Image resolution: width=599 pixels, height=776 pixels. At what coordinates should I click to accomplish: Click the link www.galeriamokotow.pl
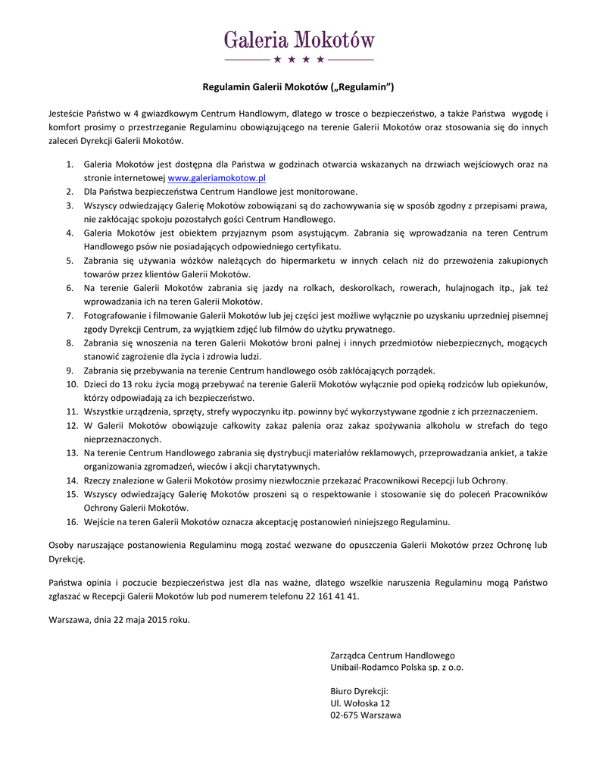pos(216,177)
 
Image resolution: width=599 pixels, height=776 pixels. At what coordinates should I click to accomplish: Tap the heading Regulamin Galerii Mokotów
pos(299,87)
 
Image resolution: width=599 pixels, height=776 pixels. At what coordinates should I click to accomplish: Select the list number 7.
pos(69,315)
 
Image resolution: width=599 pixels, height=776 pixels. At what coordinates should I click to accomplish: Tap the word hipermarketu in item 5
pos(313,260)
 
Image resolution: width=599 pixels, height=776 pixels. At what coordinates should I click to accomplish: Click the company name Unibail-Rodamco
pos(363,668)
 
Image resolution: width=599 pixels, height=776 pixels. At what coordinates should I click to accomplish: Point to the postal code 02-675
pos(344,715)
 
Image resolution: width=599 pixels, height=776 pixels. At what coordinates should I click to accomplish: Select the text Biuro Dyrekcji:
pos(360,690)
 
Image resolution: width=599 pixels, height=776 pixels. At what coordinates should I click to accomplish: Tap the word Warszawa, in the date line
pos(69,619)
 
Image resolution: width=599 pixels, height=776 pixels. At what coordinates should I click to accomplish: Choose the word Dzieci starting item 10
pos(96,384)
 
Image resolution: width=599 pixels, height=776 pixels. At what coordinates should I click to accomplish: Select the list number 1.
pos(69,164)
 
